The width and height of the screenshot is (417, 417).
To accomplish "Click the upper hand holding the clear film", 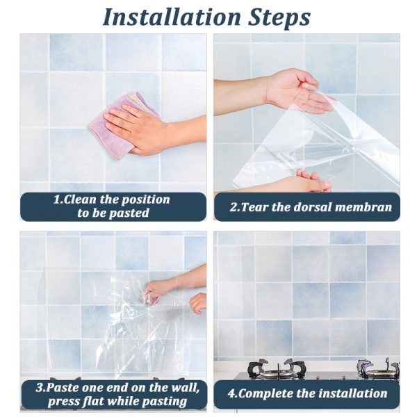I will [299, 90].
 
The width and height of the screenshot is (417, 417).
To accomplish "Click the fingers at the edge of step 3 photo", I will [198, 302].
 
